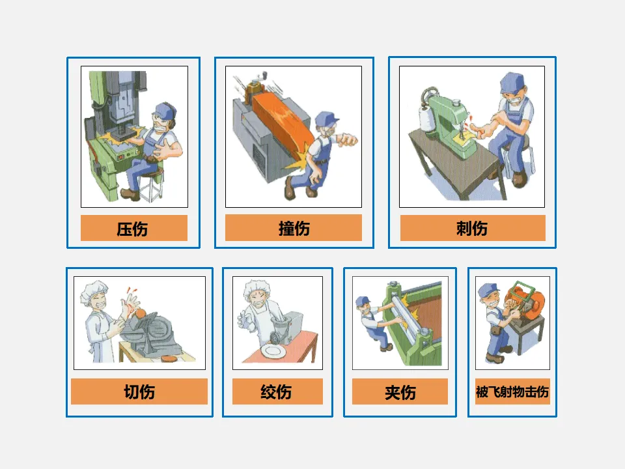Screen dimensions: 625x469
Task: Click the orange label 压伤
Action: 134,228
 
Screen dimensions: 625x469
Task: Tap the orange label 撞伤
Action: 294,228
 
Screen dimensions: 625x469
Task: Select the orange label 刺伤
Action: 473,228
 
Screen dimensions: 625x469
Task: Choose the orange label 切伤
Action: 139,391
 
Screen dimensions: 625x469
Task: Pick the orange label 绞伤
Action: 277,391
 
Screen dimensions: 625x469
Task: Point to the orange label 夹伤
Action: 400,391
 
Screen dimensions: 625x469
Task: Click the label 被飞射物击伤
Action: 512,391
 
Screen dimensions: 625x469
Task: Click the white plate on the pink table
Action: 273,351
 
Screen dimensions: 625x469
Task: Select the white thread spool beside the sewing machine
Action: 427,118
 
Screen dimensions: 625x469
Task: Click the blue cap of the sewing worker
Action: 512,83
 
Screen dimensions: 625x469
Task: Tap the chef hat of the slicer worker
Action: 94,291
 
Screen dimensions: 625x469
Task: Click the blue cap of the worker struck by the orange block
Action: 326,119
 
